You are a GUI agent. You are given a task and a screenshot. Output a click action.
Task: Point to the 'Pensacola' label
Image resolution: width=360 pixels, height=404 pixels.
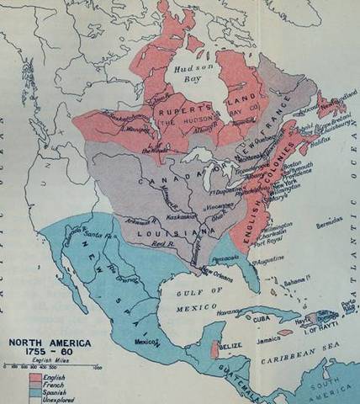[225, 252]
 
